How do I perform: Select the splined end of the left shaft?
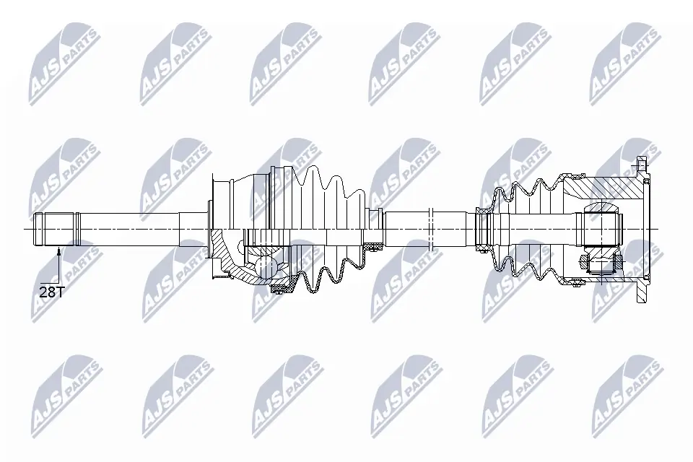56,229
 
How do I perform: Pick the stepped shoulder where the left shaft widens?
180,229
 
